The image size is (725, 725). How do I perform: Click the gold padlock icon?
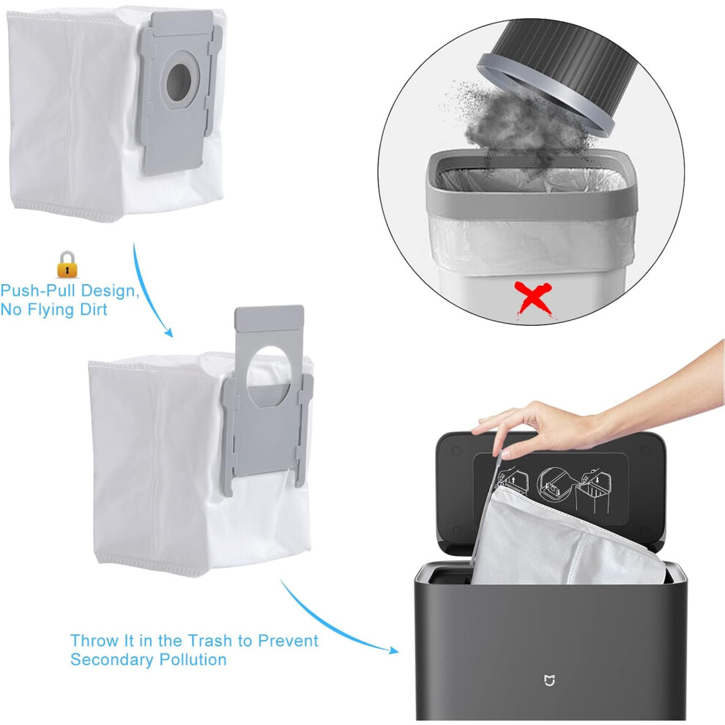click(67, 264)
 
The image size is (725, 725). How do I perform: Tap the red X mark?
click(535, 300)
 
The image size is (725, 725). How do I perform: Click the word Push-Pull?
click(40, 291)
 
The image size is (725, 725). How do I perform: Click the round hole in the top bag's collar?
click(179, 82)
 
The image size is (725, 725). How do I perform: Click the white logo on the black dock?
click(549, 680)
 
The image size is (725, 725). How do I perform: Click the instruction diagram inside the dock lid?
click(551, 490)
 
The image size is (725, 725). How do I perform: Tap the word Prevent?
click(288, 641)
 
